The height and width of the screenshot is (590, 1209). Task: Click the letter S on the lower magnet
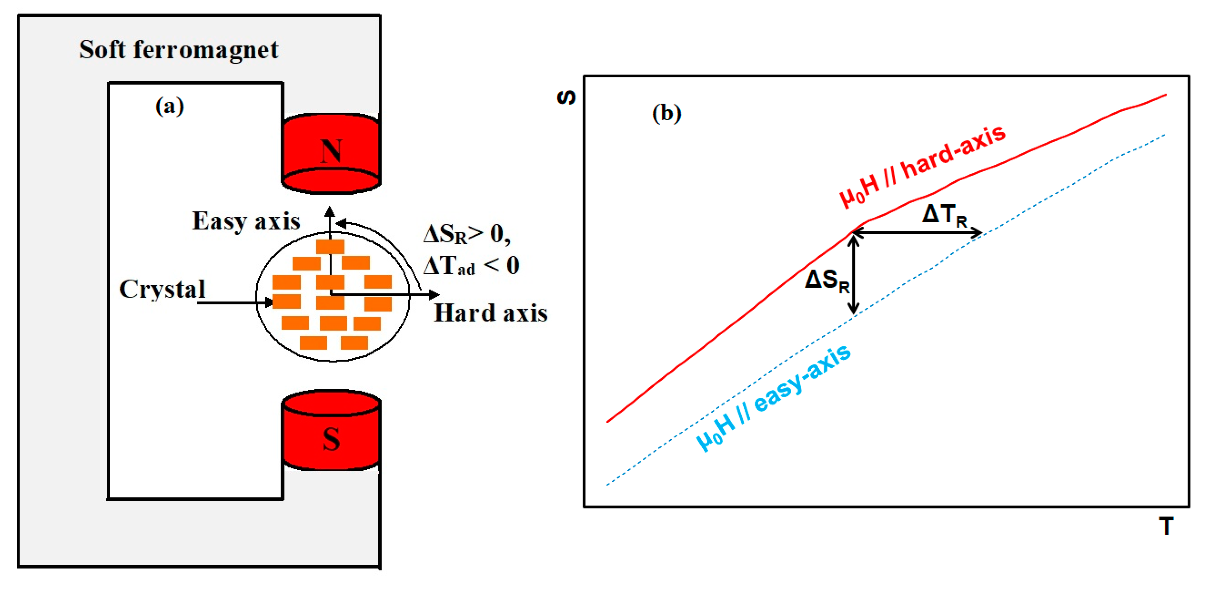[x=331, y=440]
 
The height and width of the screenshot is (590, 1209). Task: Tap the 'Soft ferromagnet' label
[x=178, y=50]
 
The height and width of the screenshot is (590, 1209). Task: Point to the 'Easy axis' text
[x=246, y=221]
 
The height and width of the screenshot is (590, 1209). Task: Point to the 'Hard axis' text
[x=490, y=313]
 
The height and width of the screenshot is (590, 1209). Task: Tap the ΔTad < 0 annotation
[x=471, y=266]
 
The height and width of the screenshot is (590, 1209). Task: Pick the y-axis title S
[x=566, y=97]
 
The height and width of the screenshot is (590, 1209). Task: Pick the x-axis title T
[x=1166, y=526]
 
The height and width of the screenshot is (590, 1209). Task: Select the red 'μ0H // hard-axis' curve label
[x=922, y=167]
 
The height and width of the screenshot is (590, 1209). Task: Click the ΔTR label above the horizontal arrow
[x=944, y=215]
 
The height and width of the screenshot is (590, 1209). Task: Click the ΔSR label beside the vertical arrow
[x=827, y=281]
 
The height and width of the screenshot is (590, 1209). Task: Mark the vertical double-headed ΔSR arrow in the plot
[x=854, y=275]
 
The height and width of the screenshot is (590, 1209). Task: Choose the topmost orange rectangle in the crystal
[x=330, y=246]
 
